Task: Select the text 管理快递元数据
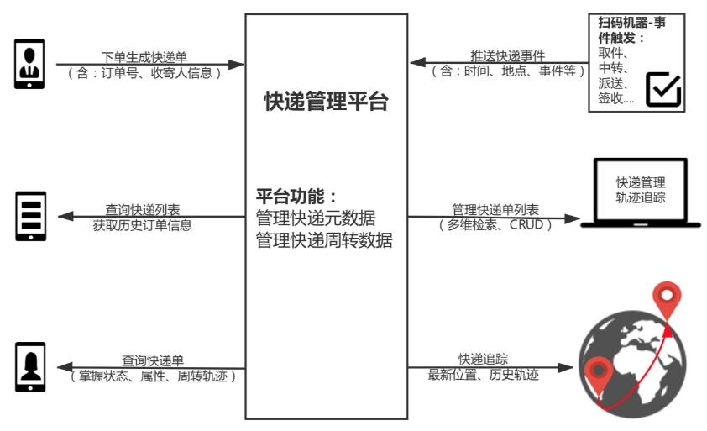coord(315,218)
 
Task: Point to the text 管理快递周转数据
coord(324,240)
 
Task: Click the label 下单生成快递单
coord(144,57)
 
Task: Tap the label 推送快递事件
coord(510,56)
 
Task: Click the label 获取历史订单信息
coord(143,225)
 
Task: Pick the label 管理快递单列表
coord(495,209)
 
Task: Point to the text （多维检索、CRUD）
coord(495,224)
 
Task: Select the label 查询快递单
coord(152,360)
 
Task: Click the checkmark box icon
coord(662,89)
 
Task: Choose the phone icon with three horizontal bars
coord(31,217)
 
